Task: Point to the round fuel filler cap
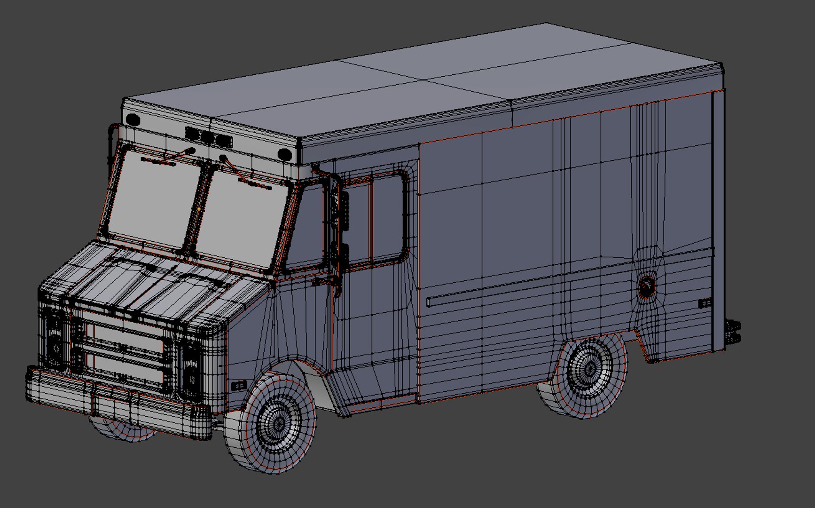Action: tap(647, 286)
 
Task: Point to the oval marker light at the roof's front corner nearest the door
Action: tap(284, 154)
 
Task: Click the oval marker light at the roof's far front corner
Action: tap(133, 119)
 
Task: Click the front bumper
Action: tap(118, 402)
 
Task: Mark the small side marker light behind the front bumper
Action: tap(239, 386)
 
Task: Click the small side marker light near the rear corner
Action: tap(704, 303)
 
